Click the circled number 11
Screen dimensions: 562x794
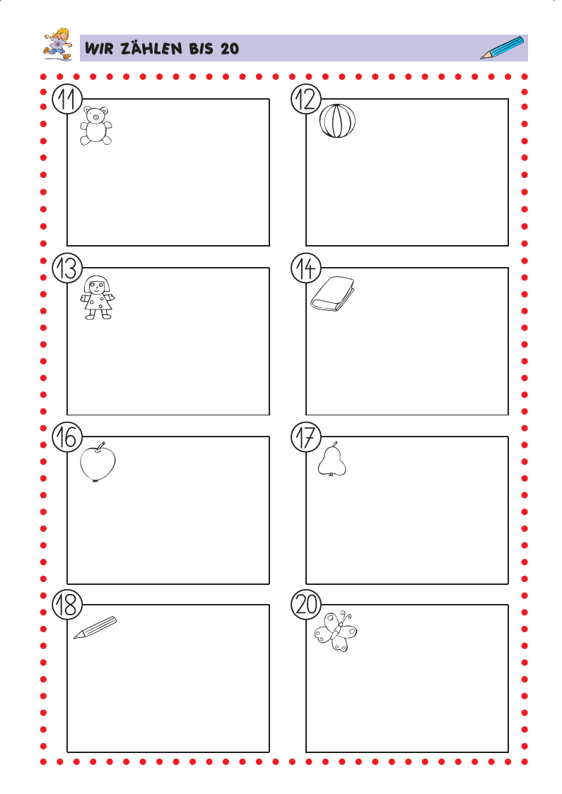[x=67, y=99]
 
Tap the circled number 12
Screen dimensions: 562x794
[x=306, y=99]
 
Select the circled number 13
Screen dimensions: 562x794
[x=67, y=268]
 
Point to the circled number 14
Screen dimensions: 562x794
[x=306, y=268]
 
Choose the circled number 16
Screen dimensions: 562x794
[x=67, y=437]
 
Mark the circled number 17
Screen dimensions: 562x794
[x=306, y=437]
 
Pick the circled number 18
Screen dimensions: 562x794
[x=67, y=605]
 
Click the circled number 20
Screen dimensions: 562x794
[x=306, y=605]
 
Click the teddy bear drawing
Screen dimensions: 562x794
[x=95, y=126]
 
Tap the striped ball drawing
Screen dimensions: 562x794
[x=337, y=121]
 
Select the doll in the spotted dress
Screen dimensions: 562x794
[x=98, y=297]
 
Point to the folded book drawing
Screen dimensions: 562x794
[x=332, y=294]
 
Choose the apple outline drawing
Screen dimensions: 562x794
[x=98, y=462]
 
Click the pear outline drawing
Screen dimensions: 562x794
[x=332, y=459]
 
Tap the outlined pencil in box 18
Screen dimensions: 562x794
[x=95, y=627]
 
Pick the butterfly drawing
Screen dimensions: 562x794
[x=336, y=632]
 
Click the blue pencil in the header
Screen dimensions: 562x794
[x=502, y=47]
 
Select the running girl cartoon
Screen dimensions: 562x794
[x=58, y=44]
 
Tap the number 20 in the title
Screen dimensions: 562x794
[x=230, y=49]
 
